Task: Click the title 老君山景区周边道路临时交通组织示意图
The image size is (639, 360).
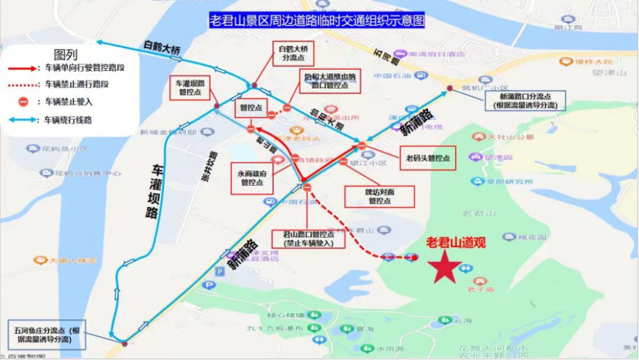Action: tap(317, 21)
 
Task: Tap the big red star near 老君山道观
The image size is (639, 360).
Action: tap(444, 268)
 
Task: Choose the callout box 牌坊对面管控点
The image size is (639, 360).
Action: tap(379, 197)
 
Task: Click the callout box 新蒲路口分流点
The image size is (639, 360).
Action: tap(524, 101)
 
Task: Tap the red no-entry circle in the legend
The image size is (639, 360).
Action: tap(22, 102)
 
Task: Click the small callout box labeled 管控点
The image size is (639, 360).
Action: tap(251, 108)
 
